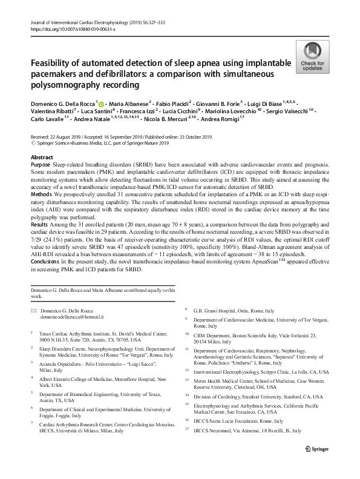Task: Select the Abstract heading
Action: pos(41,156)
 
